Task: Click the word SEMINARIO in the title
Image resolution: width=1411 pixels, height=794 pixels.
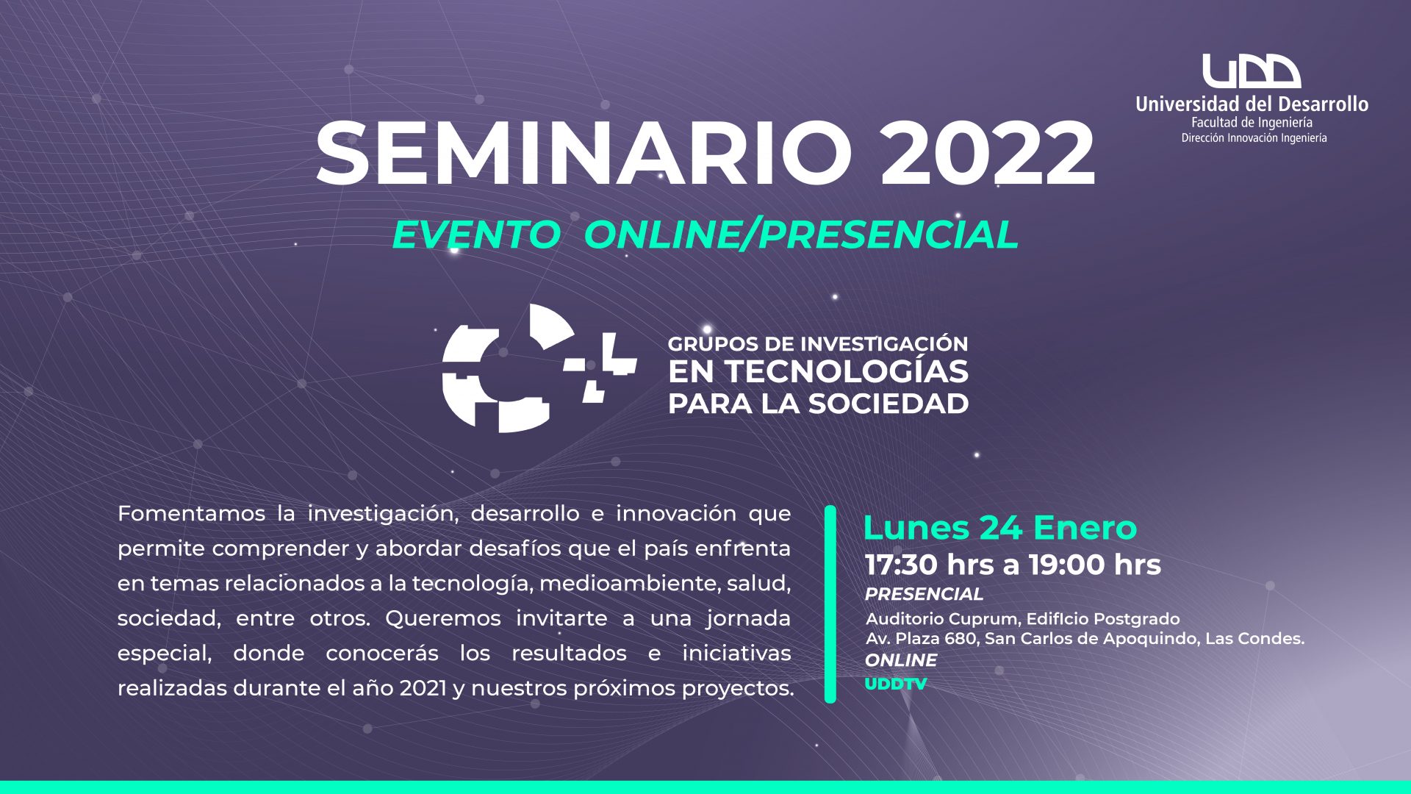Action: pos(584,154)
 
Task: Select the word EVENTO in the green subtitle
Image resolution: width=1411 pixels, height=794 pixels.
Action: pos(475,235)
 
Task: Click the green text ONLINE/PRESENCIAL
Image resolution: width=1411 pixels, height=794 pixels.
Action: pos(801,235)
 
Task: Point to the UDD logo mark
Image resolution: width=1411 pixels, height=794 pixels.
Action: pos(1252,71)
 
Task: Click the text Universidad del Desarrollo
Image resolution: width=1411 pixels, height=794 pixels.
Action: pos(1252,104)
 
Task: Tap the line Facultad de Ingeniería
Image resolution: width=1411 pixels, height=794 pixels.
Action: pos(1252,123)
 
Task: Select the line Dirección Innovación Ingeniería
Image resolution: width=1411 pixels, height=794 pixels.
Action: pos(1254,138)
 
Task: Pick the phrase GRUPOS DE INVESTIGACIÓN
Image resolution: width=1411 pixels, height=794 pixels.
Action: pos(818,344)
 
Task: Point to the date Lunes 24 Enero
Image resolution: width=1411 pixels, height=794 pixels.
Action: pos(999,528)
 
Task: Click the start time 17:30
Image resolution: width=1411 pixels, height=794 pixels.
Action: pos(902,565)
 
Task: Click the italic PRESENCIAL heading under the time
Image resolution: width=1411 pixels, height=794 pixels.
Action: pos(924,594)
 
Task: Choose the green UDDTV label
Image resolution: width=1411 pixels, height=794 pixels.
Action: pos(896,684)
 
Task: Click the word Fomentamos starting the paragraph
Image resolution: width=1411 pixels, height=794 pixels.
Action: pos(191,513)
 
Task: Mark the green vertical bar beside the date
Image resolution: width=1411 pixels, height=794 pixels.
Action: pos(830,604)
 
